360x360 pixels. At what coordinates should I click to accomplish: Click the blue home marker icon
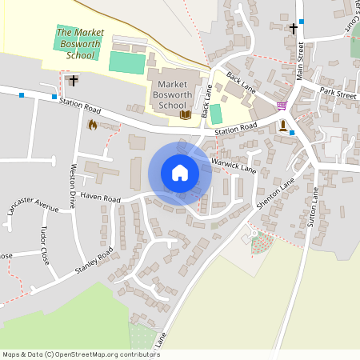click(x=180, y=173)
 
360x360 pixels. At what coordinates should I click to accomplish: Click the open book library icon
click(x=186, y=115)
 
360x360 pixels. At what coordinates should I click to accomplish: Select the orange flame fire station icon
click(x=92, y=125)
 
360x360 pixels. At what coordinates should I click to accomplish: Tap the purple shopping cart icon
click(x=281, y=105)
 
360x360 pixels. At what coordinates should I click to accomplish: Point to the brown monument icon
click(x=282, y=126)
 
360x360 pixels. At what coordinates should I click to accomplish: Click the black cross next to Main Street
click(x=294, y=29)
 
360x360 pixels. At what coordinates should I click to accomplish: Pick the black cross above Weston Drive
click(x=74, y=80)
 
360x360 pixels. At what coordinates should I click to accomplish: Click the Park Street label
click(x=337, y=94)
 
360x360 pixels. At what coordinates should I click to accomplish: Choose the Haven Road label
click(x=100, y=198)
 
